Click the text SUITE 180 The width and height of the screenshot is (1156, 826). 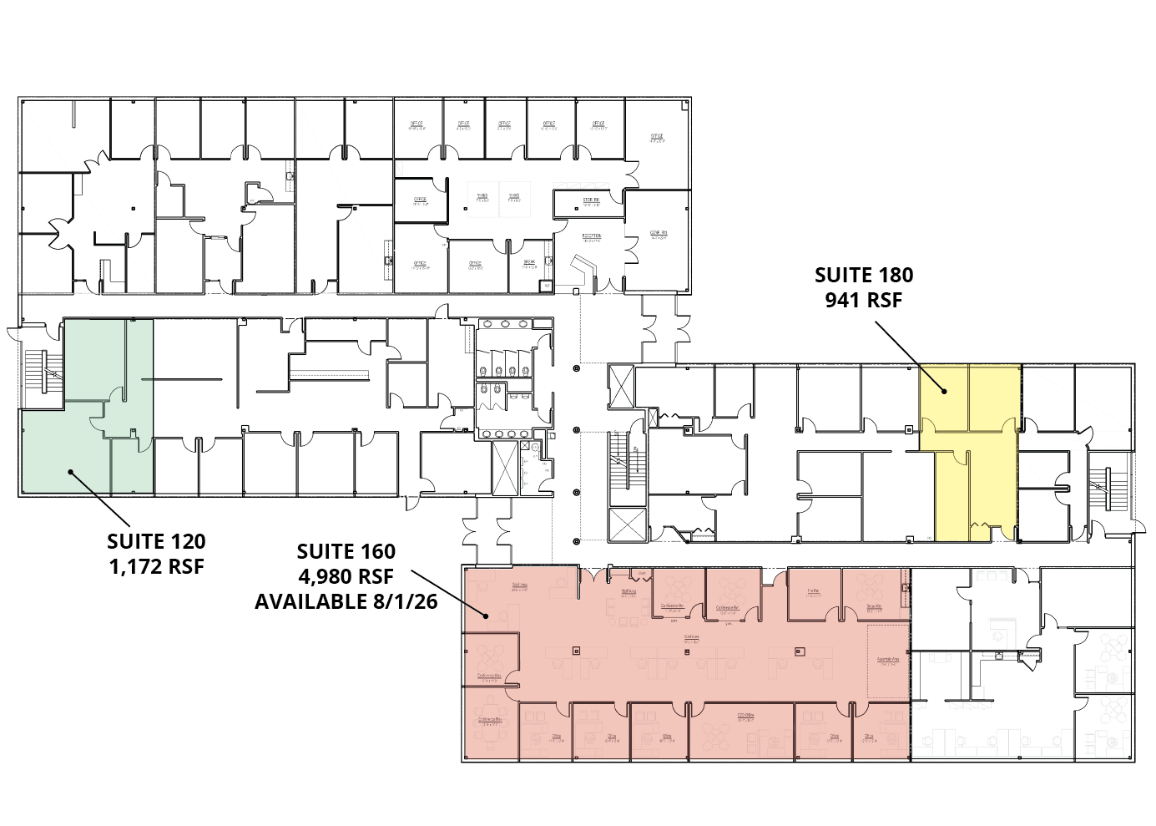click(x=863, y=275)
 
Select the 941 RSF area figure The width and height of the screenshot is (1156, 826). click(x=863, y=300)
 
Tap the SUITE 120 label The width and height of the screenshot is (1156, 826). click(x=156, y=542)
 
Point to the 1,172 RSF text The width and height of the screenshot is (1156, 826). click(x=156, y=566)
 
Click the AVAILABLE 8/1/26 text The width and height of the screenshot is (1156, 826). click(x=346, y=601)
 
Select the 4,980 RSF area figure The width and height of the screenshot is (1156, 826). click(x=346, y=576)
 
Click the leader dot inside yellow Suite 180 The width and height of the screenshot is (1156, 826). click(x=944, y=391)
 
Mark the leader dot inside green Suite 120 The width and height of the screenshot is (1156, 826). click(x=71, y=472)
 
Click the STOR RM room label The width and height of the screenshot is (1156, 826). click(x=591, y=201)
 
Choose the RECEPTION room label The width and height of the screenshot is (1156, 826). click(x=592, y=237)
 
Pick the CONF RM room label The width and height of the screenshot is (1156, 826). click(x=659, y=234)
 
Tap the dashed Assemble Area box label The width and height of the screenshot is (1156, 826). click(x=888, y=660)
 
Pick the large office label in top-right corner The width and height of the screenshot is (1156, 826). click(x=658, y=138)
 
